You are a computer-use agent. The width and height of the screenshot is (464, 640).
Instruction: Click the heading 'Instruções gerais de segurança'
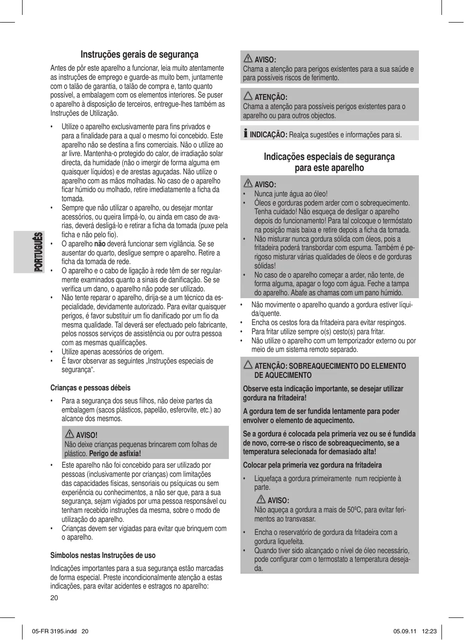(139, 55)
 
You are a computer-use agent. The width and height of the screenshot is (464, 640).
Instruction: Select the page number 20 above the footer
(54, 598)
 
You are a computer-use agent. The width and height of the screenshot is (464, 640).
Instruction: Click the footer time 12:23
(429, 631)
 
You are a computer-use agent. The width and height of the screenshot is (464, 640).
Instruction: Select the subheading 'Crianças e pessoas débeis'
(90, 388)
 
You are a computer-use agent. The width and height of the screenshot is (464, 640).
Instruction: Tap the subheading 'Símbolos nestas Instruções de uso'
(103, 555)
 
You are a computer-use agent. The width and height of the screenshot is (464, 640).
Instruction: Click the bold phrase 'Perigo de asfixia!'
(115, 454)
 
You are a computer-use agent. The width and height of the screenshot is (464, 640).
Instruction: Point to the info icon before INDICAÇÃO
(246, 133)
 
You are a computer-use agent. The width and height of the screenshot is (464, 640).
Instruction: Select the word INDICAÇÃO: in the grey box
(268, 135)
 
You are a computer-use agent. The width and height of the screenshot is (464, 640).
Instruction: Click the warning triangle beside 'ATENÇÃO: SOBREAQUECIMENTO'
(248, 365)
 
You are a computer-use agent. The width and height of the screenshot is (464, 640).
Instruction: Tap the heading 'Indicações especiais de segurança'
(329, 157)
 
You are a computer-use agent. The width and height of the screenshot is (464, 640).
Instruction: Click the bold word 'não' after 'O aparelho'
(100, 244)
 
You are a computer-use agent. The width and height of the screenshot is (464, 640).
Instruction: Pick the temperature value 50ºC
(354, 510)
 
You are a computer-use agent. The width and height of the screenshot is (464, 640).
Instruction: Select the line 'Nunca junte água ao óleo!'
(291, 194)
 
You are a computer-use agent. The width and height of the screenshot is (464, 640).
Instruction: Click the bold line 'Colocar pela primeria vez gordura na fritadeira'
(312, 465)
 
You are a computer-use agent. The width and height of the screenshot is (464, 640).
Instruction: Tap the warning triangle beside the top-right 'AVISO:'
(248, 59)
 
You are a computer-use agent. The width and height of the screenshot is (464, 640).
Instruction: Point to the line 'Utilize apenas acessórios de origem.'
(112, 352)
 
